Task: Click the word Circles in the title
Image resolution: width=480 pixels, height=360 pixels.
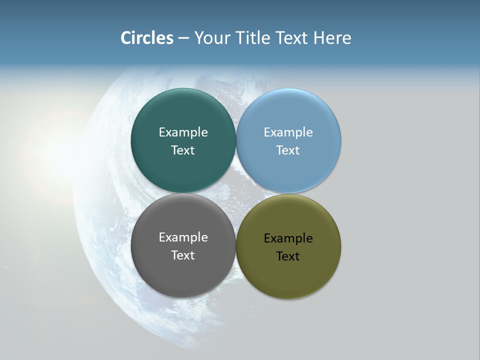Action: pos(147,38)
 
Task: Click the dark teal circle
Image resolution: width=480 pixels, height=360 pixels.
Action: pos(183,112)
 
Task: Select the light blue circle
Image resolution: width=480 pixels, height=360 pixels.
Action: pos(288,112)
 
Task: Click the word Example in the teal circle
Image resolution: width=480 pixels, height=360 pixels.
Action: pos(183,132)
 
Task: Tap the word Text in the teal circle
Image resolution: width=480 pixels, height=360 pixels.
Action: pos(183,150)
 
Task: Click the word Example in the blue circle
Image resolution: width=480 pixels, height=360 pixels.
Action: pos(288,132)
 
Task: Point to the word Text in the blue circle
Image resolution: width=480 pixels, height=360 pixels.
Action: pos(288,150)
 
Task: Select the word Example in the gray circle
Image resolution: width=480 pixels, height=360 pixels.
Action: pos(183,237)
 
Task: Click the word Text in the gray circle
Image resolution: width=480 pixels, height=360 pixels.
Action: pos(183,255)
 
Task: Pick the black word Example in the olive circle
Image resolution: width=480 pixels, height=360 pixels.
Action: pos(288,238)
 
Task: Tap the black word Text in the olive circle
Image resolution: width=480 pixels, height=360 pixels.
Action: pos(288,256)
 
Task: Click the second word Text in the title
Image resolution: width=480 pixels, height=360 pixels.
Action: pos(292,38)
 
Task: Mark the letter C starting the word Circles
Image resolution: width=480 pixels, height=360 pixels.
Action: pos(126,38)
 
